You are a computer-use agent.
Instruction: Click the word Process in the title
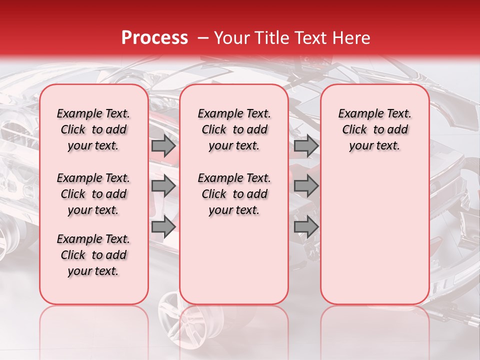click(154, 38)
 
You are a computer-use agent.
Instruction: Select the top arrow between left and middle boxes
click(163, 146)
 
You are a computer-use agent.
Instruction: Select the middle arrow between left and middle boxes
click(163, 186)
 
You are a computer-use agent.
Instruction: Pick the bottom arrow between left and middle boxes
click(163, 226)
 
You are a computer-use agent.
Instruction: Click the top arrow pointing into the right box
click(306, 146)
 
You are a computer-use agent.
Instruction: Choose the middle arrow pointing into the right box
click(306, 186)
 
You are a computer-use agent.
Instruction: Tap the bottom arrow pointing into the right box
click(306, 226)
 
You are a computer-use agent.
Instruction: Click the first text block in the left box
click(93, 129)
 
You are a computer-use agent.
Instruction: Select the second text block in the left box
click(93, 194)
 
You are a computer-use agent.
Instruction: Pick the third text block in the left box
click(93, 255)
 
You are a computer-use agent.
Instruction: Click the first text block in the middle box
click(234, 129)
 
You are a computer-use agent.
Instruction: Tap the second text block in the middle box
click(234, 194)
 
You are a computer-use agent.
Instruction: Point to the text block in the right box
click(375, 129)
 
